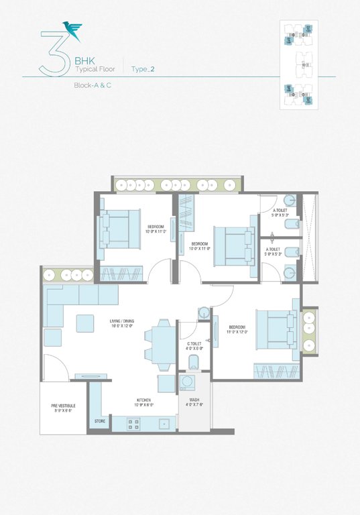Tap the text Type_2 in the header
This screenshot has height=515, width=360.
click(x=143, y=68)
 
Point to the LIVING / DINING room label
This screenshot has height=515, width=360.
click(x=123, y=323)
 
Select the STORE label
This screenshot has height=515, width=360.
click(x=100, y=421)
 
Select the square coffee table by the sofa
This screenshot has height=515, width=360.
click(x=85, y=323)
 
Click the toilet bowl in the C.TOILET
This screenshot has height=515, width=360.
click(x=194, y=363)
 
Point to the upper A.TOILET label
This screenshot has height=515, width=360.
click(x=280, y=213)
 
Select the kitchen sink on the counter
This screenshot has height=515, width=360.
click(x=164, y=424)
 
